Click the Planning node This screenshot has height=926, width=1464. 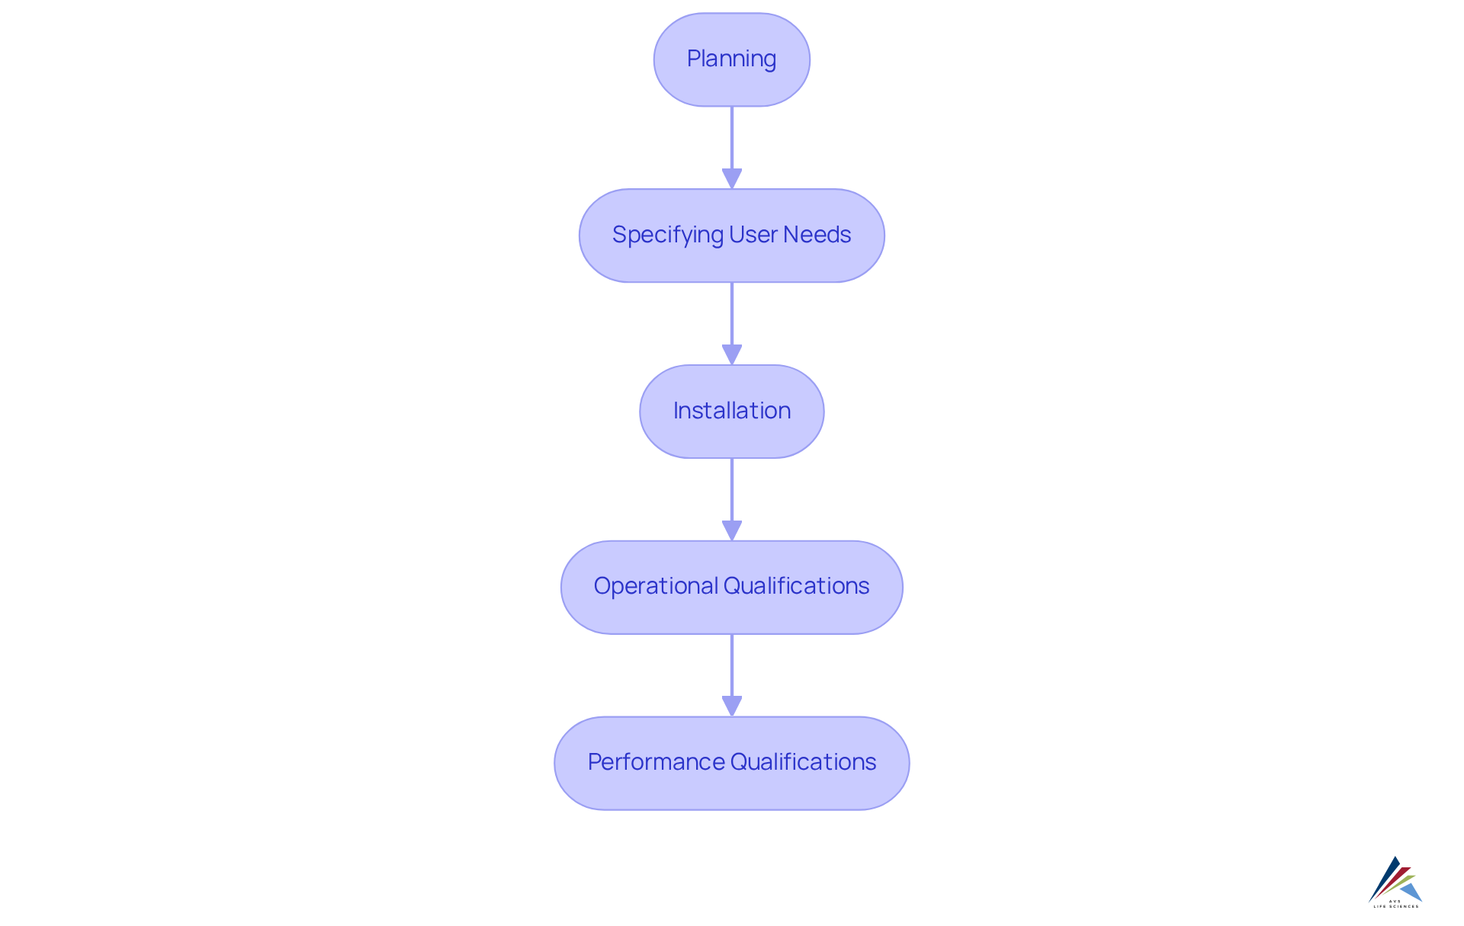[731, 59]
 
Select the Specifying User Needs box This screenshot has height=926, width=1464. [731, 236]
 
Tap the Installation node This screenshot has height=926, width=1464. [731, 412]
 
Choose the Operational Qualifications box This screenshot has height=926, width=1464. [731, 587]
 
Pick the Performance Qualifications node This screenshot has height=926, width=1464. [731, 763]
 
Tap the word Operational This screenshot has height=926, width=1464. [656, 586]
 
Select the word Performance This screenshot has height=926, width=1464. [657, 762]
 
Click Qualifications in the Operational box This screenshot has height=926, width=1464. [796, 586]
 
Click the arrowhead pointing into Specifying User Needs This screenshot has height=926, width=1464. [731, 178]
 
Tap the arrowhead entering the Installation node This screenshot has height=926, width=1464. [731, 354]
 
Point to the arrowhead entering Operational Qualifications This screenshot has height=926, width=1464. [731, 530]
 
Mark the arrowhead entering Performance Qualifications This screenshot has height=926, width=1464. [731, 706]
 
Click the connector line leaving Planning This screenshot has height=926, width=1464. [731, 137]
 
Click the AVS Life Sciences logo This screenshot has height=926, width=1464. [1395, 883]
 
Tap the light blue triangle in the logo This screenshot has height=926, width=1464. [1412, 892]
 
